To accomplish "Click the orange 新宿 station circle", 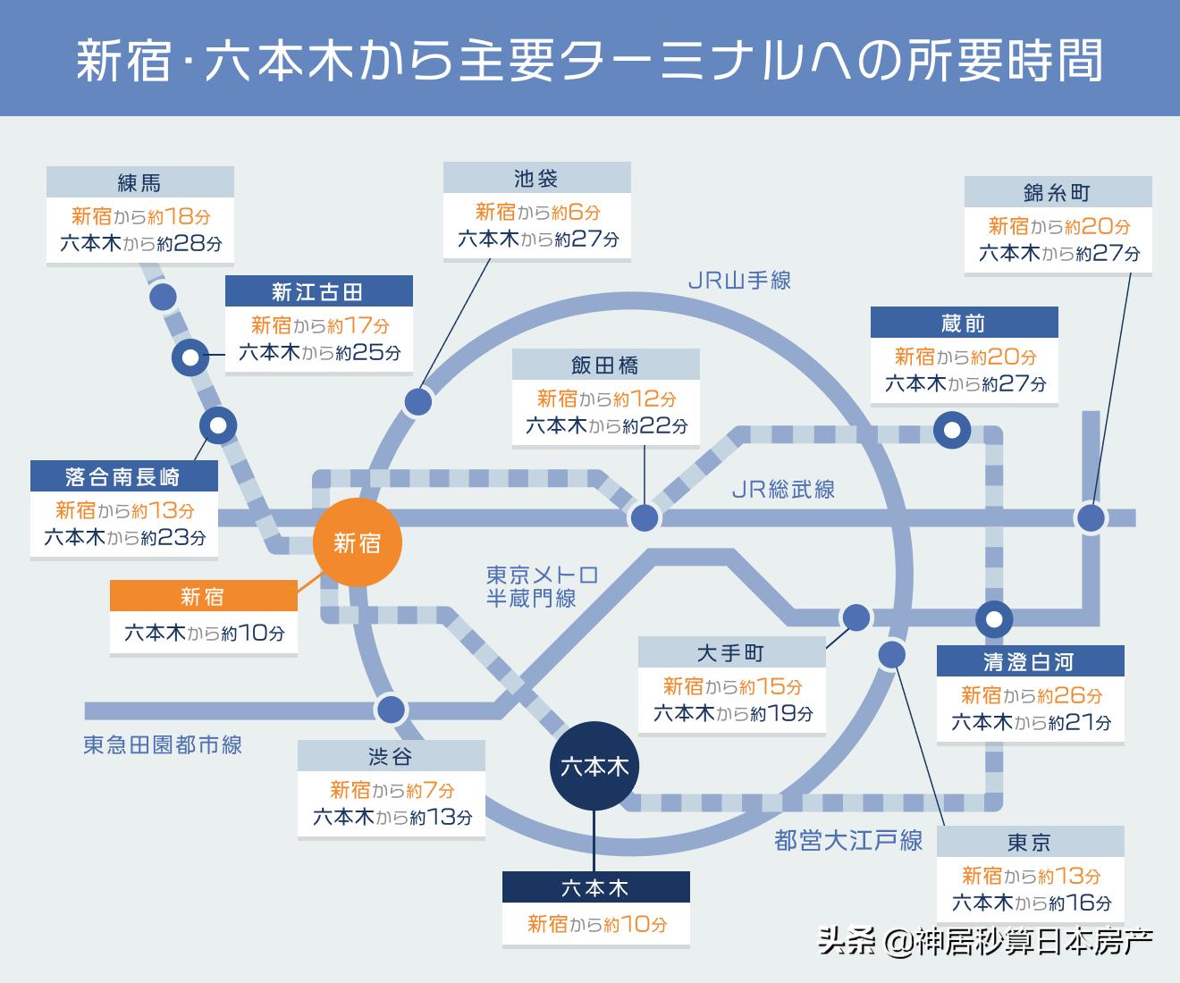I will pyautogui.click(x=358, y=542).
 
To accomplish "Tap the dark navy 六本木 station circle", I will pyautogui.click(x=594, y=766).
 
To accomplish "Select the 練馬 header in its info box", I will pyautogui.click(x=140, y=182).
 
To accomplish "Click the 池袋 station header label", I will pyautogui.click(x=536, y=178).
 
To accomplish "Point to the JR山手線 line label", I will pyautogui.click(x=739, y=281).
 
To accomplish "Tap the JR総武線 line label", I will pyautogui.click(x=783, y=489).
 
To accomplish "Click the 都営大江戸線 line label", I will pyautogui.click(x=848, y=840).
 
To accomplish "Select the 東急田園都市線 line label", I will pyautogui.click(x=163, y=744).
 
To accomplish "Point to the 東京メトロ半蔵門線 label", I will pyautogui.click(x=542, y=586).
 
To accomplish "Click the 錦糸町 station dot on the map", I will pyautogui.click(x=1091, y=517).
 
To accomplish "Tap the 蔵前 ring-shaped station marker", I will pyautogui.click(x=952, y=431).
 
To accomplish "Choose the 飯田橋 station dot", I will pyautogui.click(x=645, y=517).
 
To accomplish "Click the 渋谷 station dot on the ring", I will pyautogui.click(x=391, y=710).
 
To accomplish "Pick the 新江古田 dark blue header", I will pyautogui.click(x=318, y=291).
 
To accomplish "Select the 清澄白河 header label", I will pyautogui.click(x=1030, y=662).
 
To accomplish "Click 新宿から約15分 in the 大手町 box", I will pyautogui.click(x=732, y=686).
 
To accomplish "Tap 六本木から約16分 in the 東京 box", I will pyautogui.click(x=1031, y=903).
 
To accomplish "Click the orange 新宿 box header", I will pyautogui.click(x=203, y=596).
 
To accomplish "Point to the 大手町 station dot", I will pyautogui.click(x=855, y=617).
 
